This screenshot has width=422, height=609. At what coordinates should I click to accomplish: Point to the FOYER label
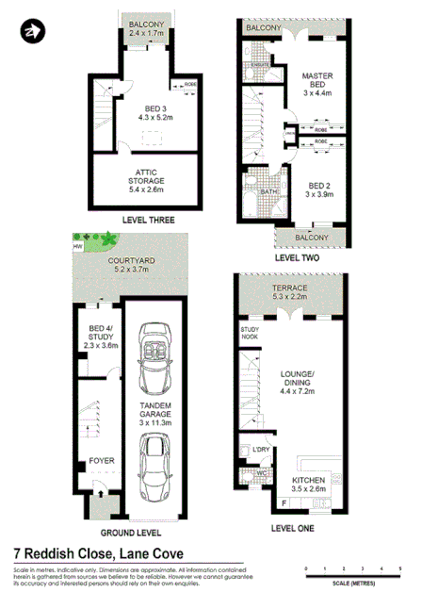pos(102,461)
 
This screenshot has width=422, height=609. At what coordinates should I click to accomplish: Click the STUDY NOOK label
pos(248,331)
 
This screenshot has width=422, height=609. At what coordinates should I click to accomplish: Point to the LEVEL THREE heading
pos(149,221)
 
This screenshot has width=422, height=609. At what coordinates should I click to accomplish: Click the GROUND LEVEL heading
pos(137,532)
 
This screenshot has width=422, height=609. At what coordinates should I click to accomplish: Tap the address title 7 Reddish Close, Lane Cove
pos(98,554)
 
